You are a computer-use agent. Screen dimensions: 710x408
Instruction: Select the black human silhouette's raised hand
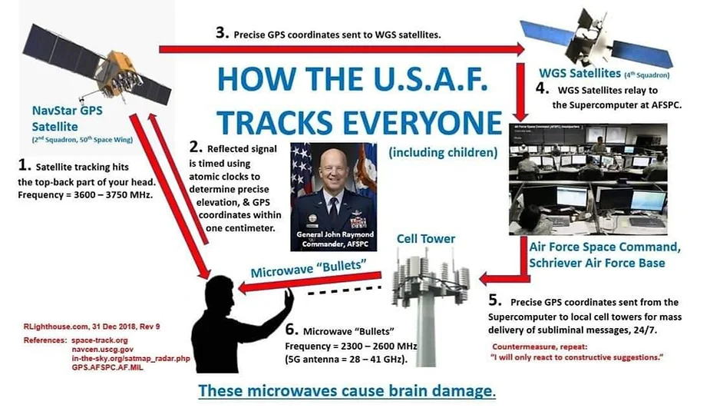click(288, 299)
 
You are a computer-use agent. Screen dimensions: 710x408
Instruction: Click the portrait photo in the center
click(334, 197)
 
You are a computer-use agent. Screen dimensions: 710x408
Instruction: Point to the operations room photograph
click(588, 179)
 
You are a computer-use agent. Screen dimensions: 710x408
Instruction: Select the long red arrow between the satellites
click(342, 49)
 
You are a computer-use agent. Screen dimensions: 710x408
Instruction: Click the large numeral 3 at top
click(222, 32)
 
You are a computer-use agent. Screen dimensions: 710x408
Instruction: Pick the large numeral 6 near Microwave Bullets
click(292, 330)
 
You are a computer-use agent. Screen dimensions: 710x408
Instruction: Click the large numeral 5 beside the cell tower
click(494, 300)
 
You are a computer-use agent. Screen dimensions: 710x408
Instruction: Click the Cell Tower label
click(426, 238)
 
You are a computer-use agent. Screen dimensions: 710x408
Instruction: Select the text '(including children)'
click(443, 152)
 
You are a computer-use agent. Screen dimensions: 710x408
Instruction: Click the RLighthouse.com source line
click(91, 327)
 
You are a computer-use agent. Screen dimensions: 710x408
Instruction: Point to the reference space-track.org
click(100, 340)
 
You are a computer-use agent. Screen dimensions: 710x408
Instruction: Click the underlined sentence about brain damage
click(347, 391)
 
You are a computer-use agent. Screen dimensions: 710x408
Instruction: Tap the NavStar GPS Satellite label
click(67, 118)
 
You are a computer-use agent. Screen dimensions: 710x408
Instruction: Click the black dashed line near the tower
click(344, 290)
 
